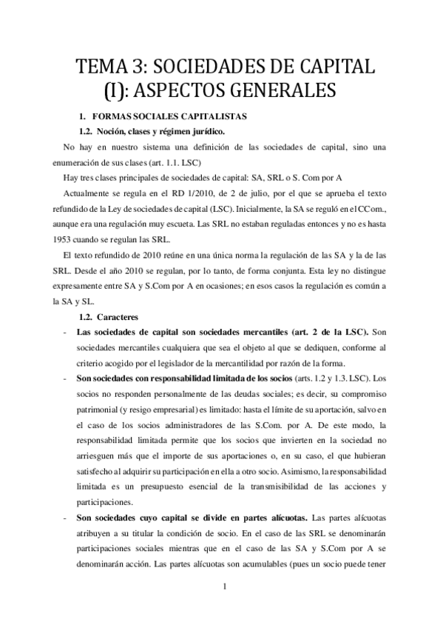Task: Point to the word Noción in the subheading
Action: click(x=121, y=131)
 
